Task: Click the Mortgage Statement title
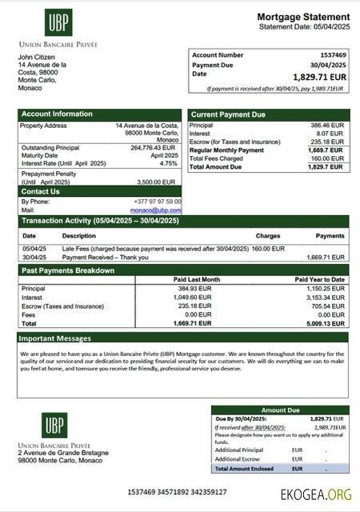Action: tap(302, 17)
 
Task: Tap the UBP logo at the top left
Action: tap(55, 22)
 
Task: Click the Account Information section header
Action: tap(57, 114)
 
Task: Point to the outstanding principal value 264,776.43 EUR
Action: tap(153, 147)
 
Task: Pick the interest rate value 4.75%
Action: tap(169, 163)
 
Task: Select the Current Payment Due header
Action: tap(228, 115)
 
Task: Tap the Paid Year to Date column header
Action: tap(319, 279)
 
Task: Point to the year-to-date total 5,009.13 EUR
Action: tap(325, 324)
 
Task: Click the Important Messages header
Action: tap(56, 338)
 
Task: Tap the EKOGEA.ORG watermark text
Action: tap(316, 494)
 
